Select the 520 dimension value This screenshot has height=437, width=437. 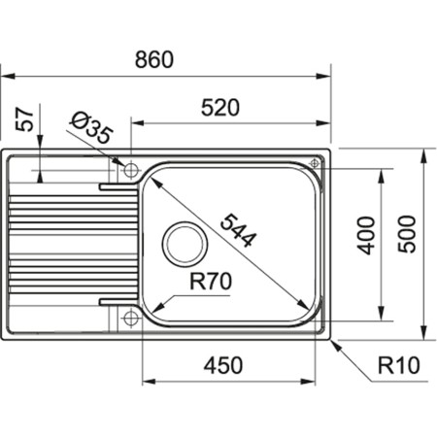click(220, 110)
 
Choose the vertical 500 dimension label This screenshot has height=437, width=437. click(408, 233)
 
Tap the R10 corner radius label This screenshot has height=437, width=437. click(399, 366)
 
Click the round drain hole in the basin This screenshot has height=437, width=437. click(183, 243)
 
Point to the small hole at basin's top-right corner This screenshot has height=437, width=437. click(314, 163)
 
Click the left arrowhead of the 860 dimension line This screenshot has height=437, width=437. click(6, 73)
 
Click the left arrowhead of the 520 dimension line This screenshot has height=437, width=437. click(137, 124)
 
